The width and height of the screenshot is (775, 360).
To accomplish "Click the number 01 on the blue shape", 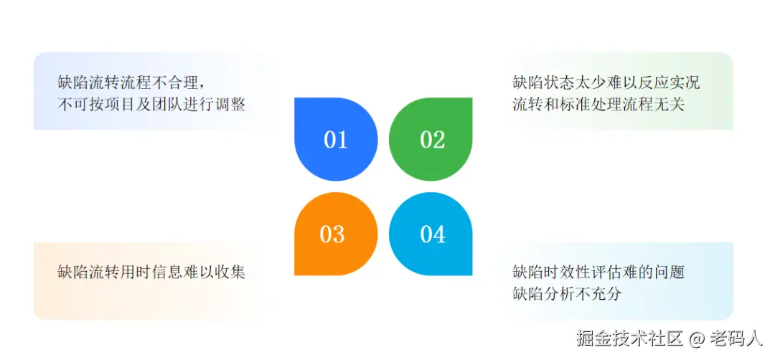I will tap(335, 139).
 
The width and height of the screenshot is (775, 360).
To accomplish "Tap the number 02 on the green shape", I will tap(432, 139).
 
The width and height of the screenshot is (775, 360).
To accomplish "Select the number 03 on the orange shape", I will tap(332, 235).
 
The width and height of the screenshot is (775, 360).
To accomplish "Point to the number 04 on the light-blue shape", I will tap(433, 235).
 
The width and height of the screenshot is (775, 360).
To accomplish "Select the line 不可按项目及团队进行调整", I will tap(151, 105).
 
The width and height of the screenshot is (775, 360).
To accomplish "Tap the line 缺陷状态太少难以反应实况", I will tap(606, 82).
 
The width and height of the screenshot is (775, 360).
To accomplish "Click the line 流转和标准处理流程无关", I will tap(598, 105).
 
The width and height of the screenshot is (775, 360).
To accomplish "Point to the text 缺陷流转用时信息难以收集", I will tap(151, 273).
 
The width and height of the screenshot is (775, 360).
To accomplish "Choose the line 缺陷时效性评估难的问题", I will tap(598, 273).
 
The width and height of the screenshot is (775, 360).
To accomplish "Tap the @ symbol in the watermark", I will tap(697, 338).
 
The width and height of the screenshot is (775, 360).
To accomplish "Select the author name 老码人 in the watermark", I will tap(736, 338).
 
